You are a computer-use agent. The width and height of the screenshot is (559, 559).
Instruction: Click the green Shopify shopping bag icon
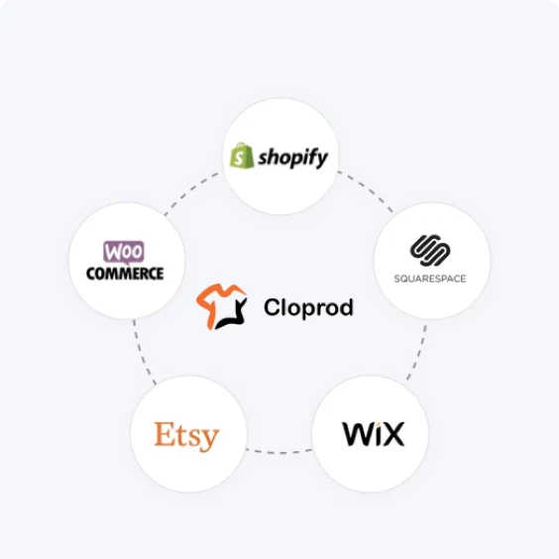click(x=242, y=155)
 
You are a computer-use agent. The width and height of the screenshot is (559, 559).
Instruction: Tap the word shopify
click(x=292, y=158)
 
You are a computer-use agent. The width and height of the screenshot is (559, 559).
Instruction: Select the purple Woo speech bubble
click(x=124, y=252)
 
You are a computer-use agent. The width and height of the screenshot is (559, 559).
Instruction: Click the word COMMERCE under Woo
click(x=125, y=274)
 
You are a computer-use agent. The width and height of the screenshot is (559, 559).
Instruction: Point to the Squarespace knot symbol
click(x=430, y=251)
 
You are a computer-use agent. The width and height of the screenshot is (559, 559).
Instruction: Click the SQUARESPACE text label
click(x=430, y=279)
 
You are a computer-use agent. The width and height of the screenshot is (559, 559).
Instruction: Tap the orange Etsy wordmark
click(x=186, y=436)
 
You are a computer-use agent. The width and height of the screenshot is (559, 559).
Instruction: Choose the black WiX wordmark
click(x=374, y=434)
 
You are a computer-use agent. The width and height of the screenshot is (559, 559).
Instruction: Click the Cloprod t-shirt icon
click(x=221, y=306)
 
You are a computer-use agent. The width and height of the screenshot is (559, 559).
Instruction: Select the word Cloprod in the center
click(x=308, y=307)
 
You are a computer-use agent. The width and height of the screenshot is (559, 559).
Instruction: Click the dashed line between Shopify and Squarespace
click(x=367, y=189)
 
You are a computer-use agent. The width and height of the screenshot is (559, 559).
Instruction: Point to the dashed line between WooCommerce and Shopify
click(x=190, y=190)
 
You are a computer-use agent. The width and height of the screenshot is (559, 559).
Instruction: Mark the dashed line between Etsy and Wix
click(x=279, y=452)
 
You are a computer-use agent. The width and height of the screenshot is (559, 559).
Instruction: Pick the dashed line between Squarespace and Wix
click(x=418, y=353)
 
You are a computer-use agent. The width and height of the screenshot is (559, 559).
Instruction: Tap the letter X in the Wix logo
click(x=393, y=434)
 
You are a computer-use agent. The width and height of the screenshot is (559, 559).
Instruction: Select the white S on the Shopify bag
click(x=240, y=158)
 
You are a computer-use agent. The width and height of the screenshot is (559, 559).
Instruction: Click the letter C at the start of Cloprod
click(x=273, y=307)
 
